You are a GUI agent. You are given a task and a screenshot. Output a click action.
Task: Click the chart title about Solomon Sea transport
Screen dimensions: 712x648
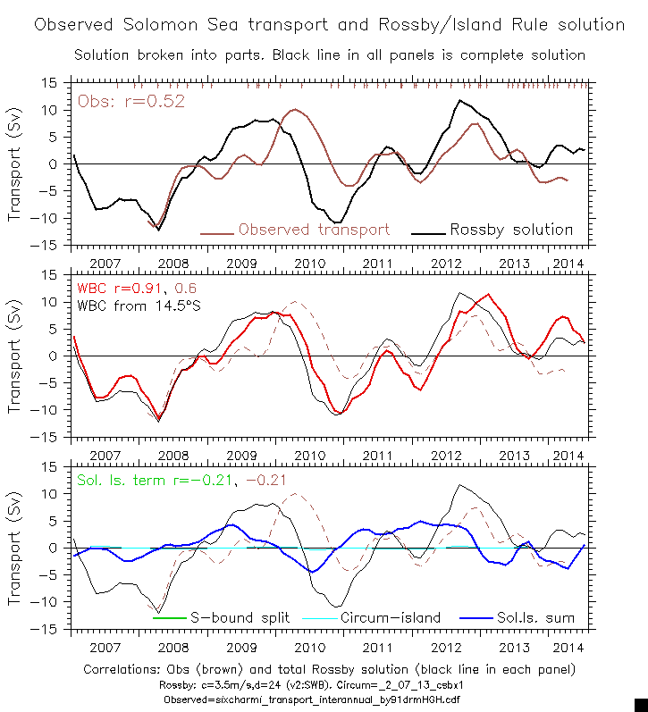point(329,24)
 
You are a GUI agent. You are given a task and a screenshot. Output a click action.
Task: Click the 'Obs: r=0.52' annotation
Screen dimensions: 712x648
point(131,101)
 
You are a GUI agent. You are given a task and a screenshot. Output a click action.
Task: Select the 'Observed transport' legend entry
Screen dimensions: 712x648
point(314,230)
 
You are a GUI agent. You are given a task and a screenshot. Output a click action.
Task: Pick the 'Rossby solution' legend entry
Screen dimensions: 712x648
point(511,230)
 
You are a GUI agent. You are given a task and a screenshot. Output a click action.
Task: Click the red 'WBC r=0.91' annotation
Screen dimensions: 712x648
point(116,289)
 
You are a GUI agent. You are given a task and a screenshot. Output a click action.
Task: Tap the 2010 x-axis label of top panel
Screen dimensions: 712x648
point(309,264)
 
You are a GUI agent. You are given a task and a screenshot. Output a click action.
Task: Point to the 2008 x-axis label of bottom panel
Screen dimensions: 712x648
point(173,648)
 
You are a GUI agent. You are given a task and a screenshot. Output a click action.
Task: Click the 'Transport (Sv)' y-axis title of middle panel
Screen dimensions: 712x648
point(15,356)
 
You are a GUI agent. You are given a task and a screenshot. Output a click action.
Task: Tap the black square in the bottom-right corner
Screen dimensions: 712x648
point(641,705)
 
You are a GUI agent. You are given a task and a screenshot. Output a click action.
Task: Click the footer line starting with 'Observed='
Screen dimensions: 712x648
point(329,699)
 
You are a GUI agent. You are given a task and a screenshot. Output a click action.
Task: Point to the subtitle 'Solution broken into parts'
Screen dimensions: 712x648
point(329,54)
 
